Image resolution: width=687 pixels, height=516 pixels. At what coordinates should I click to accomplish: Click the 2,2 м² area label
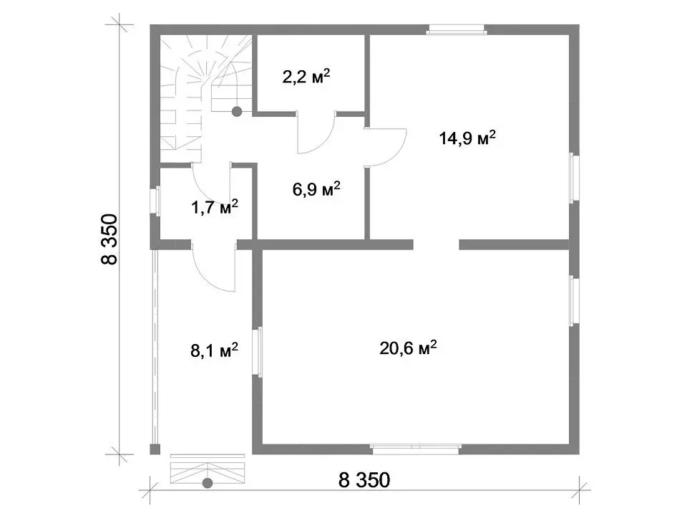point(306,77)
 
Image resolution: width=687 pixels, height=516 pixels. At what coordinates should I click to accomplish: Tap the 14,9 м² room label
point(467,138)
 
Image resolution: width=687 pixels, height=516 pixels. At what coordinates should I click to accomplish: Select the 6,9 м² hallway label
point(316,189)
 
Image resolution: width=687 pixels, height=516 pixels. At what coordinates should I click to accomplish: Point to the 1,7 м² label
point(215,206)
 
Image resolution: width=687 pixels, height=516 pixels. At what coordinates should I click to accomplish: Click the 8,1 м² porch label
point(214,350)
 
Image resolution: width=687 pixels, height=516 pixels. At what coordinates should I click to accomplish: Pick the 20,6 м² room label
point(408,348)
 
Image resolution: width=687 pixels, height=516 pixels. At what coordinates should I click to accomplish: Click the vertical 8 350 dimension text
point(109,239)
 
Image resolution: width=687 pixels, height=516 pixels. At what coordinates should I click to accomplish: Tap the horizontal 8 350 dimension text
point(364,480)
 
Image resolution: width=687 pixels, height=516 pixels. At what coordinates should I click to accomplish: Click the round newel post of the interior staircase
point(237,112)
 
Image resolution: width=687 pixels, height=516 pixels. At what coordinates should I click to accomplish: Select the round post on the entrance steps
point(208,483)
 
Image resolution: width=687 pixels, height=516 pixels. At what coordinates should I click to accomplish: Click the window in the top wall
point(457,29)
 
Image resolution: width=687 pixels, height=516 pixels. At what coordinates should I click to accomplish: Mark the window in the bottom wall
point(415,449)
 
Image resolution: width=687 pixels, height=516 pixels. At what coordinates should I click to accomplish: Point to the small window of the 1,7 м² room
point(155,201)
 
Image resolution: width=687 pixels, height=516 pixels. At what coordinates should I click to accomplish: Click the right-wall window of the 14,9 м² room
point(574,178)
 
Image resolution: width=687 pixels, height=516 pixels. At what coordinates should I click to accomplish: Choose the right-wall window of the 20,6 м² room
point(574,300)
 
